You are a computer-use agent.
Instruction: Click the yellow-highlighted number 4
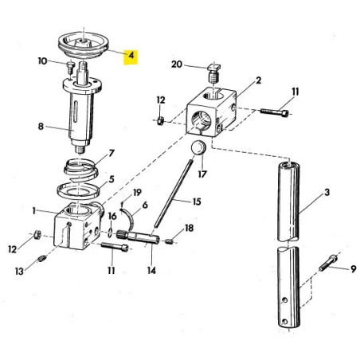[132, 57]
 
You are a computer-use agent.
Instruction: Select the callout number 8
[41, 125]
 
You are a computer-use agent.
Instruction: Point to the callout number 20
[176, 64]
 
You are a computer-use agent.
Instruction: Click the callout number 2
[259, 80]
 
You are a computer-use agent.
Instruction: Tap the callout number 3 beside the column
[326, 194]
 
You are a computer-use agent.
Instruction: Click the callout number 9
[354, 270]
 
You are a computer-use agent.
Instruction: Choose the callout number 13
[19, 270]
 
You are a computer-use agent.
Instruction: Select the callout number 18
[188, 229]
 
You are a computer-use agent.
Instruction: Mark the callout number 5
[112, 180]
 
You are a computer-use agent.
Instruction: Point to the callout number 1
[33, 211]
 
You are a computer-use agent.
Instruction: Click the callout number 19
[136, 192]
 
